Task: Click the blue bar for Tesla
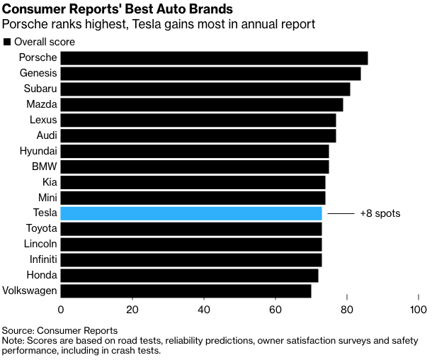click(191, 213)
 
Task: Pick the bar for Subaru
click(205, 89)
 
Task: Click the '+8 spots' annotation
click(380, 213)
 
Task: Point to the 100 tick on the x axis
click(418, 310)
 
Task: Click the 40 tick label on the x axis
click(204, 310)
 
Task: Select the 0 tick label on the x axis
click(61, 310)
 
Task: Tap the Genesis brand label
click(38, 74)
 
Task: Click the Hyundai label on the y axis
click(38, 151)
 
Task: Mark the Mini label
click(46, 198)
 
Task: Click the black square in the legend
click(7, 42)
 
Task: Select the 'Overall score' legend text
click(44, 42)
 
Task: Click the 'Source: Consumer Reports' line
click(59, 330)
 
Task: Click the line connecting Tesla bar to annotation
click(339, 213)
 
